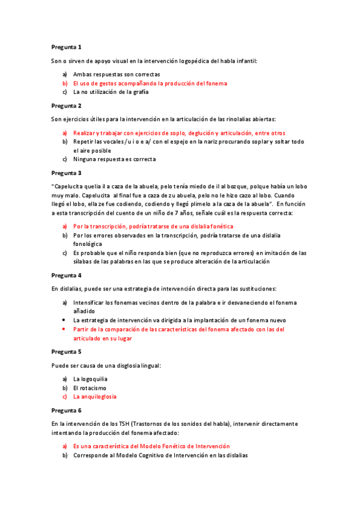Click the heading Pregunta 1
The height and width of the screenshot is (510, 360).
tap(66, 46)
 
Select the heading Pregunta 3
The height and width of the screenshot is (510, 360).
tap(66, 172)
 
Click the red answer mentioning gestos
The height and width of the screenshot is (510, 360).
tap(150, 83)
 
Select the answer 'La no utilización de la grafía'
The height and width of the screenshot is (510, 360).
tap(111, 92)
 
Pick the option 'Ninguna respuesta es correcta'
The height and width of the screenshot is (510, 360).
tap(114, 159)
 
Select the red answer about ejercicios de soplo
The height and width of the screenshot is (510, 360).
tap(179, 132)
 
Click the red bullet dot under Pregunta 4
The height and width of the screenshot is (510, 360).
tap(64, 330)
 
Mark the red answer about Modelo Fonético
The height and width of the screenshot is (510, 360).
tap(151, 446)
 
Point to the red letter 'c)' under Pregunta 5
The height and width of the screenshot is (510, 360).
tap(64, 396)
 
